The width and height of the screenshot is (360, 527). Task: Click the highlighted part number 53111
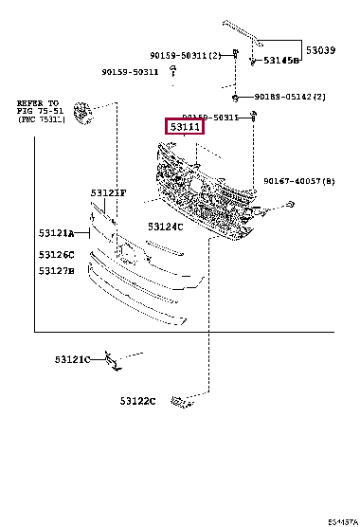coord(185,125)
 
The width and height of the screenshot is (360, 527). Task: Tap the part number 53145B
coord(280,61)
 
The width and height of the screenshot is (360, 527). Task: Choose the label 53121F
coord(108,193)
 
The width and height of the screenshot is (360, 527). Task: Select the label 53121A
coord(58,232)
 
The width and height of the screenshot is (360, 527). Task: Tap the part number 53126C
coord(58,254)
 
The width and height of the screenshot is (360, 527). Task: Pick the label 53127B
coord(58,271)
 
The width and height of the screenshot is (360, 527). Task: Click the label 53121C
coord(73,359)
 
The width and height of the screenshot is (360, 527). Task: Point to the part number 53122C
coord(137,401)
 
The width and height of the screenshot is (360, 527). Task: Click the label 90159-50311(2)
coord(185,55)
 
